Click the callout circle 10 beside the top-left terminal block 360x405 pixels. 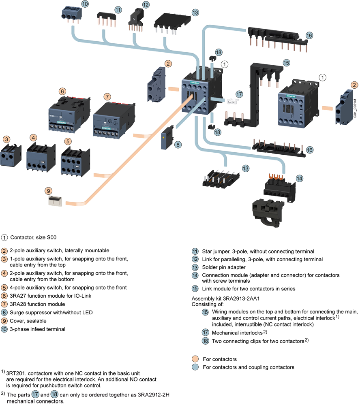pyautogui.click(x=85, y=4)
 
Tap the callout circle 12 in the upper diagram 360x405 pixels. pyautogui.click(x=146, y=5)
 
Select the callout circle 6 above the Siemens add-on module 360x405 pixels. pyautogui.click(x=62, y=91)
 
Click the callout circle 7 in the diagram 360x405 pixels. pyautogui.click(x=107, y=97)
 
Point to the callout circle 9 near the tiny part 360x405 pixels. pyautogui.click(x=48, y=190)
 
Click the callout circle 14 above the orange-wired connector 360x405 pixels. pyautogui.click(x=299, y=178)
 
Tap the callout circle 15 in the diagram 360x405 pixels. pyautogui.click(x=286, y=63)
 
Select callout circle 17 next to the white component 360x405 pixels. pyautogui.click(x=239, y=94)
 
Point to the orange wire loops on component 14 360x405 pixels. pyautogui.click(x=277, y=177)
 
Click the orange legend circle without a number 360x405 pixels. pyautogui.click(x=195, y=359)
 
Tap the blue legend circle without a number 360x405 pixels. pyautogui.click(x=195, y=367)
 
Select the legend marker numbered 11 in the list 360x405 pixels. pyautogui.click(x=195, y=251)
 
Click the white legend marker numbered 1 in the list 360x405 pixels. pyautogui.click(x=4, y=237)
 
